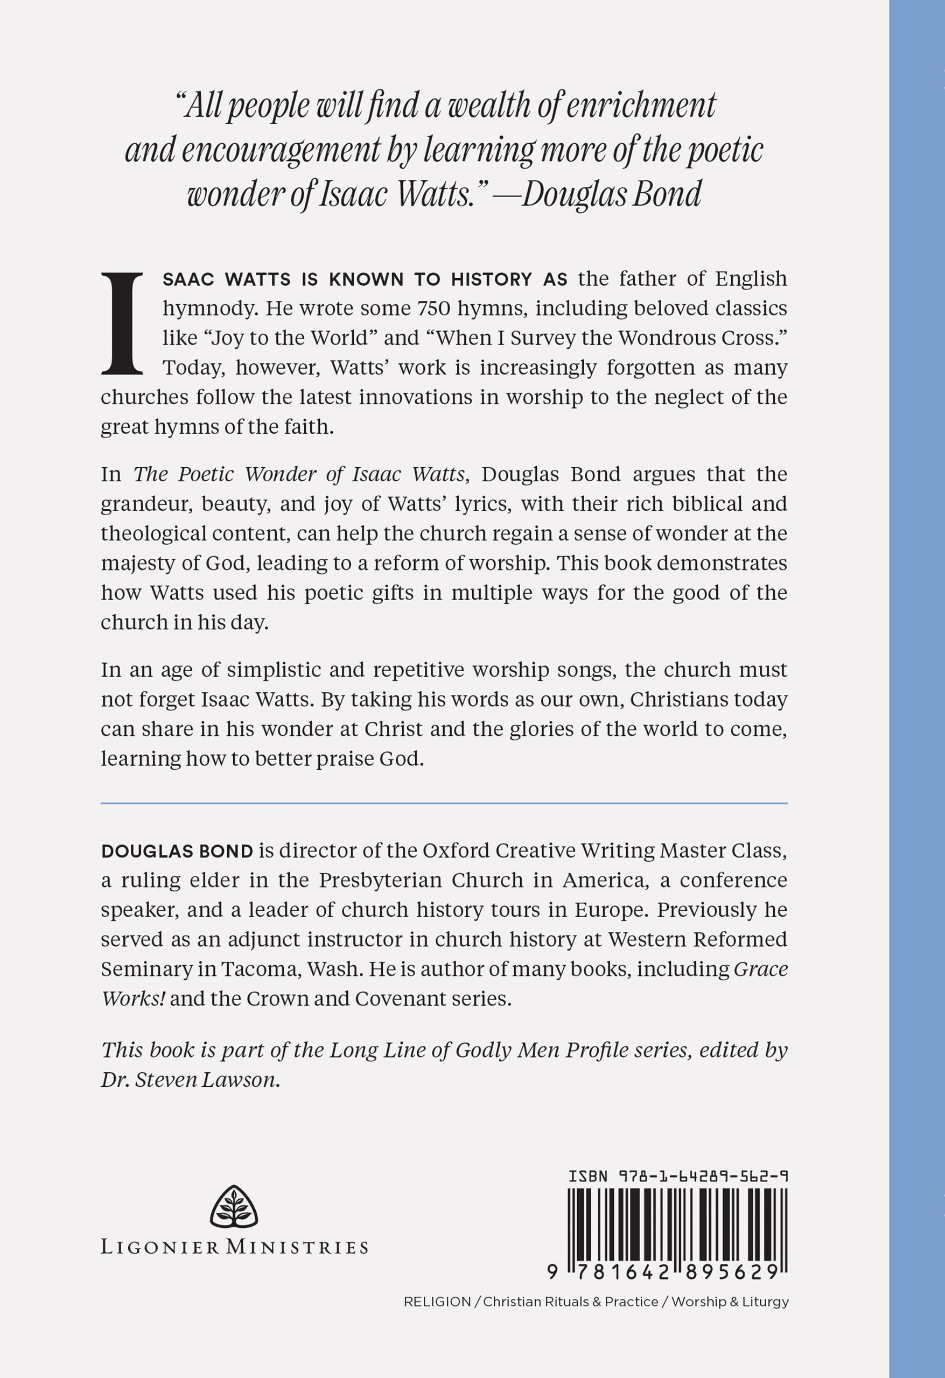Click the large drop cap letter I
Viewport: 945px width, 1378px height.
pos(122,324)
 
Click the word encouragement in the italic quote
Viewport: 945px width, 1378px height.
pos(281,151)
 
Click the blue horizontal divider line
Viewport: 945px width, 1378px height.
pos(444,804)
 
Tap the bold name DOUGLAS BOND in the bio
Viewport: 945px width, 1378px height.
pos(177,852)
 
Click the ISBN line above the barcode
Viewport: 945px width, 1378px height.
pos(678,1176)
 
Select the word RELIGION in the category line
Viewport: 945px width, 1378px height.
pos(437,1302)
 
